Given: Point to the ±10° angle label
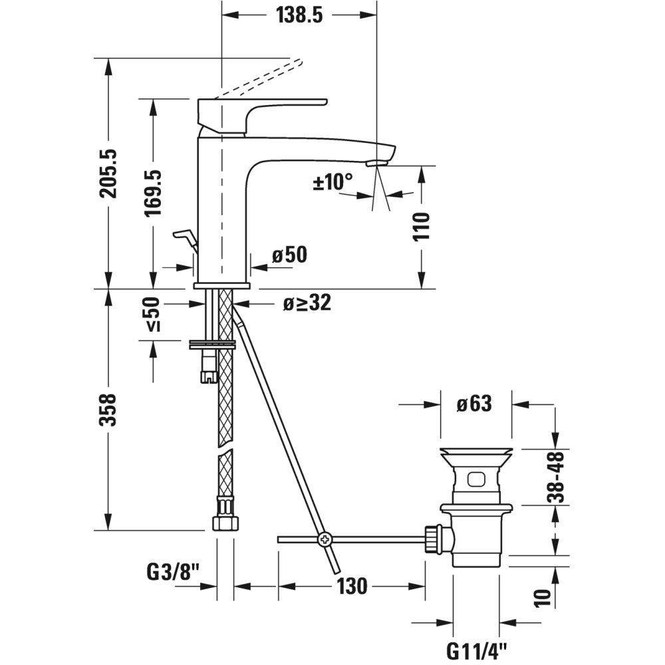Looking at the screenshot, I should (x=332, y=181).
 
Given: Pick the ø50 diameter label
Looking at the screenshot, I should (x=289, y=255).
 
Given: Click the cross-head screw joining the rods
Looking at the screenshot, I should (x=325, y=539).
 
